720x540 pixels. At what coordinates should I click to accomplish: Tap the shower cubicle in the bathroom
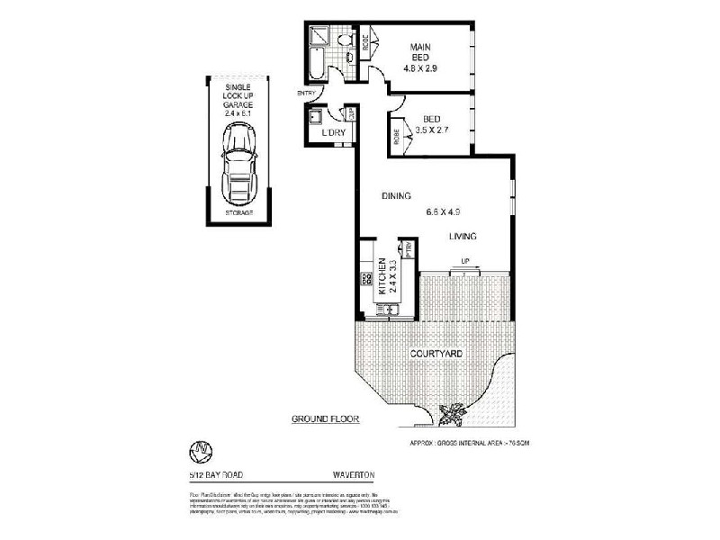[x=319, y=37]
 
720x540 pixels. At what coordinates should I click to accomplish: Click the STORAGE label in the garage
[x=238, y=212]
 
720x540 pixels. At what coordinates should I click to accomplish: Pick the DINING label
[x=396, y=195]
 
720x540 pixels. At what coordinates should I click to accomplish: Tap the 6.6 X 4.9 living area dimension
[x=444, y=213]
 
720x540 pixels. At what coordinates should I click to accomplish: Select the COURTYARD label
[x=436, y=354]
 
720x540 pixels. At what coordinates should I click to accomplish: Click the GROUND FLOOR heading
[x=320, y=419]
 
